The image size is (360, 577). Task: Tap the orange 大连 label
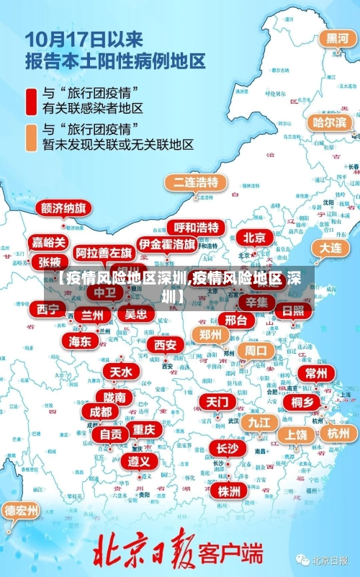330,247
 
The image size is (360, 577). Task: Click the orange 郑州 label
210,334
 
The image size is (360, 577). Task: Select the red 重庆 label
144,429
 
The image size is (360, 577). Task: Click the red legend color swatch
32,101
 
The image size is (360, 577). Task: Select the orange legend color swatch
32,137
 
